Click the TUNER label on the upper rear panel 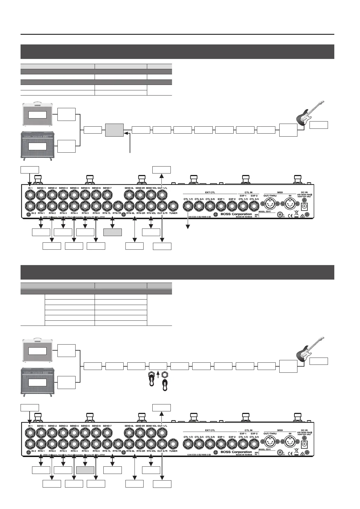pos(173,213)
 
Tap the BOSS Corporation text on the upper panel pos(236,214)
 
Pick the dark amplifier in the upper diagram pos(38,145)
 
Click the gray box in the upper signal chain pos(114,130)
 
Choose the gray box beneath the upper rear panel pos(112,232)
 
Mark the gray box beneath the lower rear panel pos(85,470)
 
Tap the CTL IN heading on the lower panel pos(248,430)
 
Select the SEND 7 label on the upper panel pos(107,188)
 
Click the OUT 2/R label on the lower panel pos(163,451)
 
